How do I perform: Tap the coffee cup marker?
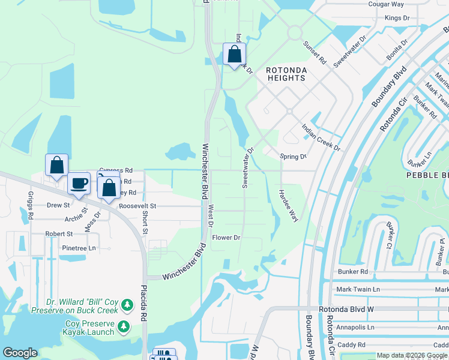click(78, 184)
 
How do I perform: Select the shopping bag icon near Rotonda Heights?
click(234, 54)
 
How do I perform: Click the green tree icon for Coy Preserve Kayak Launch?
click(123, 327)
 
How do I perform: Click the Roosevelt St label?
click(137, 206)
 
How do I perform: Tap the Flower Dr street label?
click(226, 238)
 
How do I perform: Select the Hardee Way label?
click(288, 206)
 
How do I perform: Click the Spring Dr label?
click(293, 157)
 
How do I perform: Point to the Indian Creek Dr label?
click(321, 138)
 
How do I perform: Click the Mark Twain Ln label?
click(358, 289)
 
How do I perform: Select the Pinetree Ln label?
click(79, 248)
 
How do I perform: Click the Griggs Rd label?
click(30, 205)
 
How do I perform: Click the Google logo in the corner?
click(20, 353)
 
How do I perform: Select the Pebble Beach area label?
click(427, 175)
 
